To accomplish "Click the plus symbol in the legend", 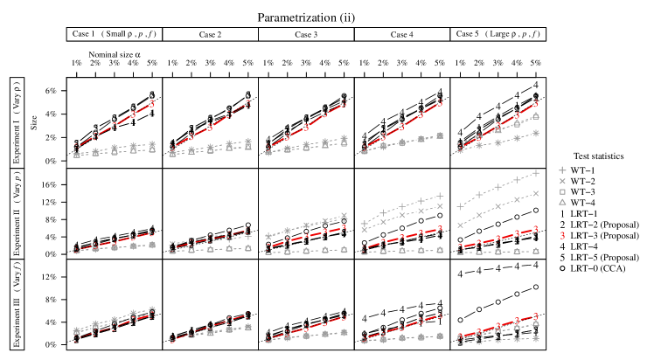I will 562,170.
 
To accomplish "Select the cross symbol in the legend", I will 562,181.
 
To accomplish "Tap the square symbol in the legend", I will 562,191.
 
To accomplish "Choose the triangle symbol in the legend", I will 562,202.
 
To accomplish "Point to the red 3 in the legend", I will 562,236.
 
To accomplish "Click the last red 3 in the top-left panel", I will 151,103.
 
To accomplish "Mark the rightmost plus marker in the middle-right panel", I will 536,173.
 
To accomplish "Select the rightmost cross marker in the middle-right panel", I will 536,193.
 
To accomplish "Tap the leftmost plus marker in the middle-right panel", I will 461,207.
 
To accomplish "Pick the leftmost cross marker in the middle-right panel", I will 461,225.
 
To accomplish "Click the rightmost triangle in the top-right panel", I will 536,116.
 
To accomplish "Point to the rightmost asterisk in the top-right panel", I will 536,133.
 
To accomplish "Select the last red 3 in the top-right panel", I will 536,103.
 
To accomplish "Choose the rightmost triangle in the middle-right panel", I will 536,251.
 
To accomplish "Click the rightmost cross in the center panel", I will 344,216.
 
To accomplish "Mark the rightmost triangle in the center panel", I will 344,250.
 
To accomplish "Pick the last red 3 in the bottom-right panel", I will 536,316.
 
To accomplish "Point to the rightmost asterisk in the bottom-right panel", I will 536,339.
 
